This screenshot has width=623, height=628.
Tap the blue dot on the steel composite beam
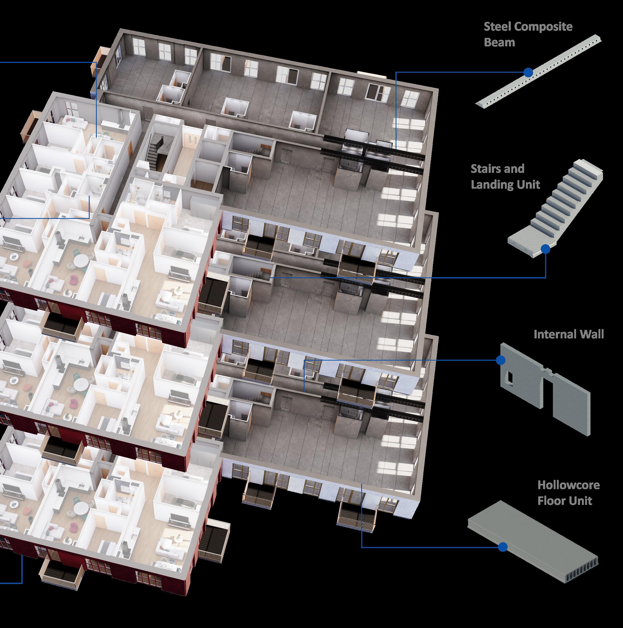(528, 72)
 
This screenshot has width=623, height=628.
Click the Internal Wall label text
(568, 334)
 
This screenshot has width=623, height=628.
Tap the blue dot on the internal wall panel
(501, 360)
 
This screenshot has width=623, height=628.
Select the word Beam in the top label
(500, 42)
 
